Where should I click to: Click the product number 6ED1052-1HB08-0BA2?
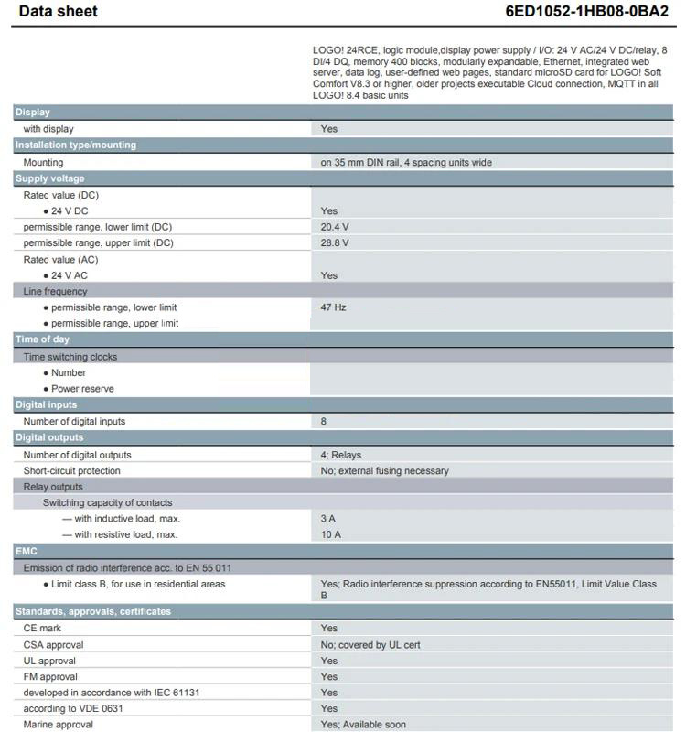587,12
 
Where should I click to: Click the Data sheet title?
58,12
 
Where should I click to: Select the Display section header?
33,113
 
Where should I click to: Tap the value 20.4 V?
335,227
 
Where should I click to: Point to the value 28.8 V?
335,243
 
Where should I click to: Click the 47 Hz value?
334,307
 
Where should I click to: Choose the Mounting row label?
43,163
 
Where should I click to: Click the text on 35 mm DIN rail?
406,163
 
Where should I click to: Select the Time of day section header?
42,339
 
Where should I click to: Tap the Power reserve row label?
82,389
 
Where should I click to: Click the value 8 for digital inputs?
324,422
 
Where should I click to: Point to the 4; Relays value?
341,455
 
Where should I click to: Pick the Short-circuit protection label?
72,471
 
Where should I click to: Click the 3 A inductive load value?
328,519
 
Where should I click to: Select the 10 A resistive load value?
331,534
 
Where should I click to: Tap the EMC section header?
26,552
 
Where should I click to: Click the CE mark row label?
42,629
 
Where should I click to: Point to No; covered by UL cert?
370,645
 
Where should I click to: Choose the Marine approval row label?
59,725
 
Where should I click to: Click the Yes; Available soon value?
363,725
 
